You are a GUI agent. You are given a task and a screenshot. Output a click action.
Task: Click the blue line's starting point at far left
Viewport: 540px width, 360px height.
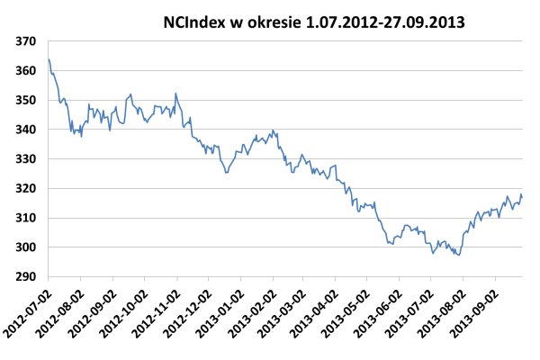click(48, 59)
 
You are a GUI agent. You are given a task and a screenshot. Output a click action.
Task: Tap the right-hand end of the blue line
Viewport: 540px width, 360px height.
click(521, 194)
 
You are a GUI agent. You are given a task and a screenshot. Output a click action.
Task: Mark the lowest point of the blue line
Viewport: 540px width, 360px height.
click(459, 256)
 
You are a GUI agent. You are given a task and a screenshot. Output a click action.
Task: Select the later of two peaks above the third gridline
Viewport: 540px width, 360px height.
click(175, 93)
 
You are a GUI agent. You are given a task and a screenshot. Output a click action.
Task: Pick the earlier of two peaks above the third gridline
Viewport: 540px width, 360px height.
click(130, 94)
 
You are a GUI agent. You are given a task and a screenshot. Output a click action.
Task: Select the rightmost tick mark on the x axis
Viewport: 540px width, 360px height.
click(495, 279)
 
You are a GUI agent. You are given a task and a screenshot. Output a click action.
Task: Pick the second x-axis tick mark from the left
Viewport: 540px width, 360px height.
click(80, 279)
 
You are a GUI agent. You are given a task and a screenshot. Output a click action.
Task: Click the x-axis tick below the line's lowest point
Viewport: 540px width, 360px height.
click(463, 279)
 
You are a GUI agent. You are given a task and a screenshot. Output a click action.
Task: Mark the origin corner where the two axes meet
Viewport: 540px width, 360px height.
click(48, 276)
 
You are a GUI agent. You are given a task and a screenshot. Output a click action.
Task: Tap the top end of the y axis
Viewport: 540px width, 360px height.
click(48, 40)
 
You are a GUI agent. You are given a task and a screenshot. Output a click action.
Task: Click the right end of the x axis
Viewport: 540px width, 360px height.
click(522, 276)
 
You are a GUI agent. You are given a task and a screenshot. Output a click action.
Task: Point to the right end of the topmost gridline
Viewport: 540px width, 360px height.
click(522, 40)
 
